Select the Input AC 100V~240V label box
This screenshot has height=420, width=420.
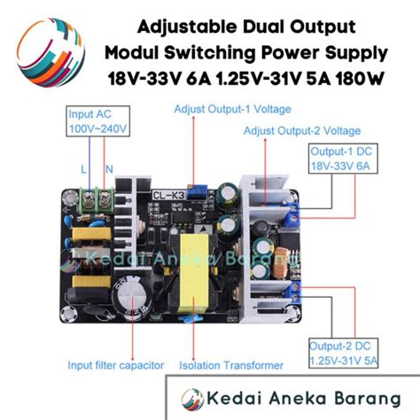[x=97, y=122]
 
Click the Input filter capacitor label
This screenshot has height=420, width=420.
[x=117, y=364]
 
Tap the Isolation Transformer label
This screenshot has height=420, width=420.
[x=231, y=364]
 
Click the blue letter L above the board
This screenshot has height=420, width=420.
[x=82, y=168]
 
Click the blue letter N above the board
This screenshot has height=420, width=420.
[x=108, y=168]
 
